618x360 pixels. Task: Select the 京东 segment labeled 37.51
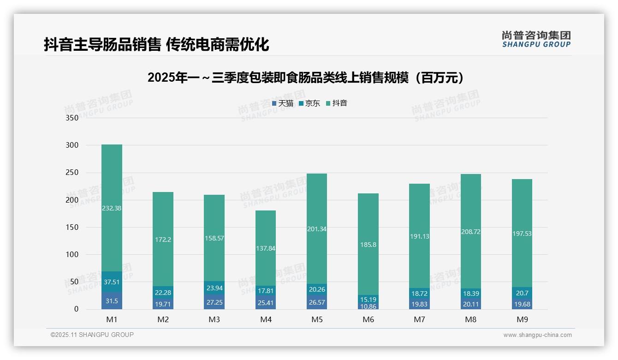112,282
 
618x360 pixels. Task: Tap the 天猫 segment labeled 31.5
112,300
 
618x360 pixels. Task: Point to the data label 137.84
265,248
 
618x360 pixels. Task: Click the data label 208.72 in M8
470,232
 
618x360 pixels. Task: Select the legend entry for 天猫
283,103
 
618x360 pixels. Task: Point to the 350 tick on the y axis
72,118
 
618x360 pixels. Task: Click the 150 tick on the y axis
72,227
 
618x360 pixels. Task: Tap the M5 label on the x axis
317,319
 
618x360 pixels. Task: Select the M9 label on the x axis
522,319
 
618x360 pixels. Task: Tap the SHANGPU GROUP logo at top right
536,39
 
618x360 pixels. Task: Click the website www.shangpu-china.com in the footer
537,335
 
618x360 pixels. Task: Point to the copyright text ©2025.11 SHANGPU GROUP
92,335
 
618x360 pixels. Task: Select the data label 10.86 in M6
368,306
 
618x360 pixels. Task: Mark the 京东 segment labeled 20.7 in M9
522,293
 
